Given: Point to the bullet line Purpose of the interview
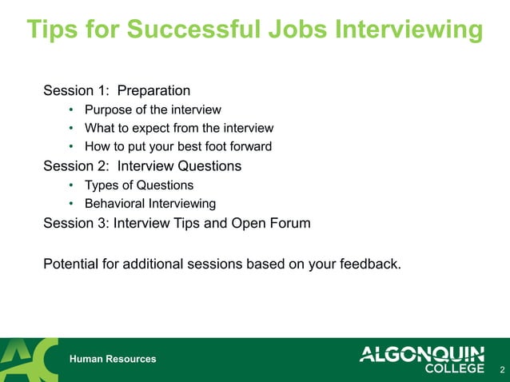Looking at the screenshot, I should [x=152, y=109].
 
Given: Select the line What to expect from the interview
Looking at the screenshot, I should [x=178, y=128].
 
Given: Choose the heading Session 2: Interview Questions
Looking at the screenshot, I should [x=142, y=166].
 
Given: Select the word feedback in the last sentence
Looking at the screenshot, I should [x=368, y=262].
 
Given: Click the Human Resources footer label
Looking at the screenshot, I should [x=113, y=360].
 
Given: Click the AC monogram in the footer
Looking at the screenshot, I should [x=30, y=360].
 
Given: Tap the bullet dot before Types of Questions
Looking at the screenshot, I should [x=71, y=185].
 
